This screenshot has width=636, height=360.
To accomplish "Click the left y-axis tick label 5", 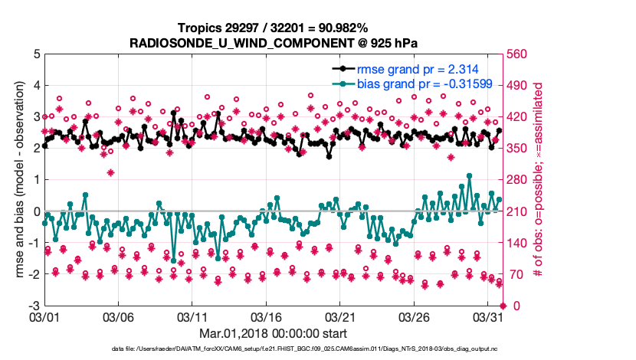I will tap(36, 54).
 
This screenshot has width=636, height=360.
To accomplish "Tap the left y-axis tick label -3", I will tap(34, 306).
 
